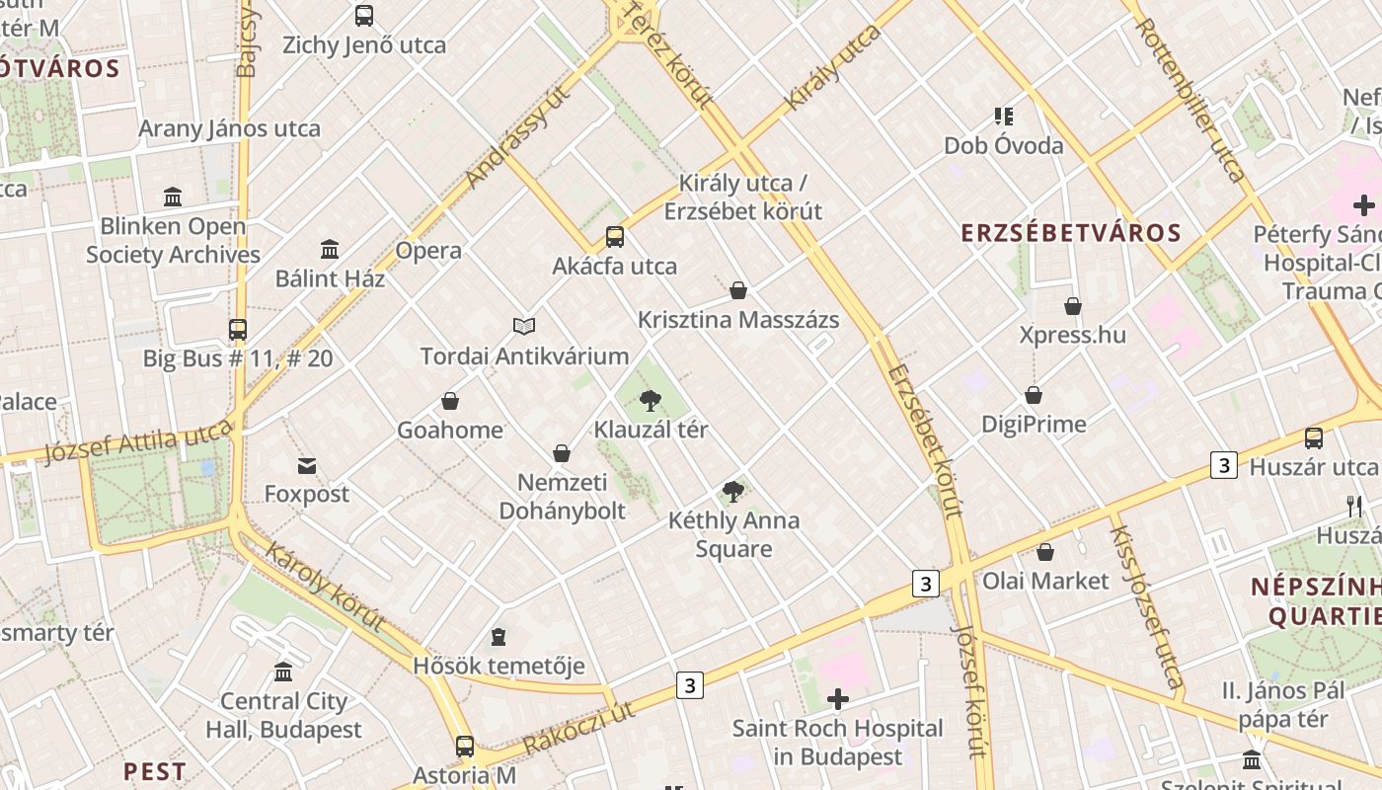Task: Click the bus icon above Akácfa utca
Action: click(x=615, y=237)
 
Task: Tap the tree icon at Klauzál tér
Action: click(x=650, y=400)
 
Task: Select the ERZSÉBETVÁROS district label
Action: click(x=1071, y=233)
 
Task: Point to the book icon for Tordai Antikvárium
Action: click(x=524, y=326)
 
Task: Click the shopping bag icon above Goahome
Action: click(x=450, y=401)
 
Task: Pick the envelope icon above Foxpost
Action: click(x=307, y=465)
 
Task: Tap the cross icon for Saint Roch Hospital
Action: click(x=837, y=700)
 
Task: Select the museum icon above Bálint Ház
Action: click(x=330, y=249)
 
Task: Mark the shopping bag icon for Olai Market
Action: click(x=1045, y=552)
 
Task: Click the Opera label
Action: click(x=428, y=251)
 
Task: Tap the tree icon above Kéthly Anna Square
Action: click(x=732, y=491)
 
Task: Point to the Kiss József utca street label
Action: click(x=1146, y=606)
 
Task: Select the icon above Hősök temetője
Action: click(x=499, y=637)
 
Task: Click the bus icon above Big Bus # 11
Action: click(x=238, y=329)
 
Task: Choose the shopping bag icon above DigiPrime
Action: click(x=1034, y=396)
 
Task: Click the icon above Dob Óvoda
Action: click(x=1004, y=117)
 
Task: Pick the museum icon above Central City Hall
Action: click(x=283, y=672)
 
